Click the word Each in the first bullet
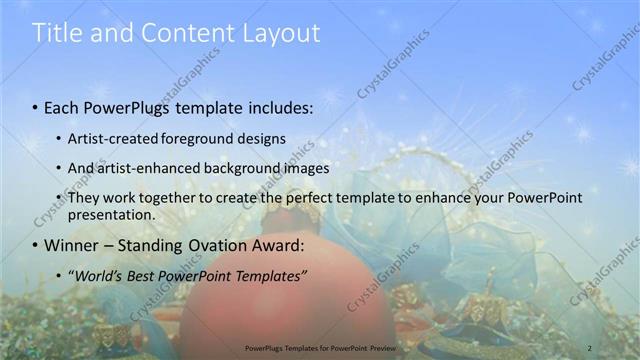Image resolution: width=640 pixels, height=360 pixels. pyautogui.click(x=62, y=105)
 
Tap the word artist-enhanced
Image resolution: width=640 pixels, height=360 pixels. pyautogui.click(x=147, y=168)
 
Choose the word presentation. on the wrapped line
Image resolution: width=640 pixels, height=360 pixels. pyautogui.click(x=111, y=214)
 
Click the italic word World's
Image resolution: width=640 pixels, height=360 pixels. pyautogui.click(x=96, y=275)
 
